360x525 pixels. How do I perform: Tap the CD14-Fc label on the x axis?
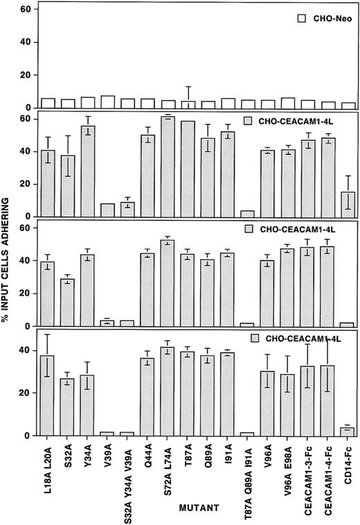pyautogui.click(x=348, y=465)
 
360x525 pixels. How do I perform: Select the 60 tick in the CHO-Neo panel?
pyautogui.click(x=26, y=10)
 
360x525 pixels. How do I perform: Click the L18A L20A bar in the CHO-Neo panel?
pyautogui.click(x=47, y=103)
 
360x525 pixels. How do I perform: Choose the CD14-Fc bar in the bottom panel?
pyautogui.click(x=348, y=431)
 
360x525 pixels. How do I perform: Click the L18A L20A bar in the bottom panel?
pyautogui.click(x=47, y=395)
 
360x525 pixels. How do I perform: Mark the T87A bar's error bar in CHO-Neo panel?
pyautogui.click(x=188, y=95)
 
